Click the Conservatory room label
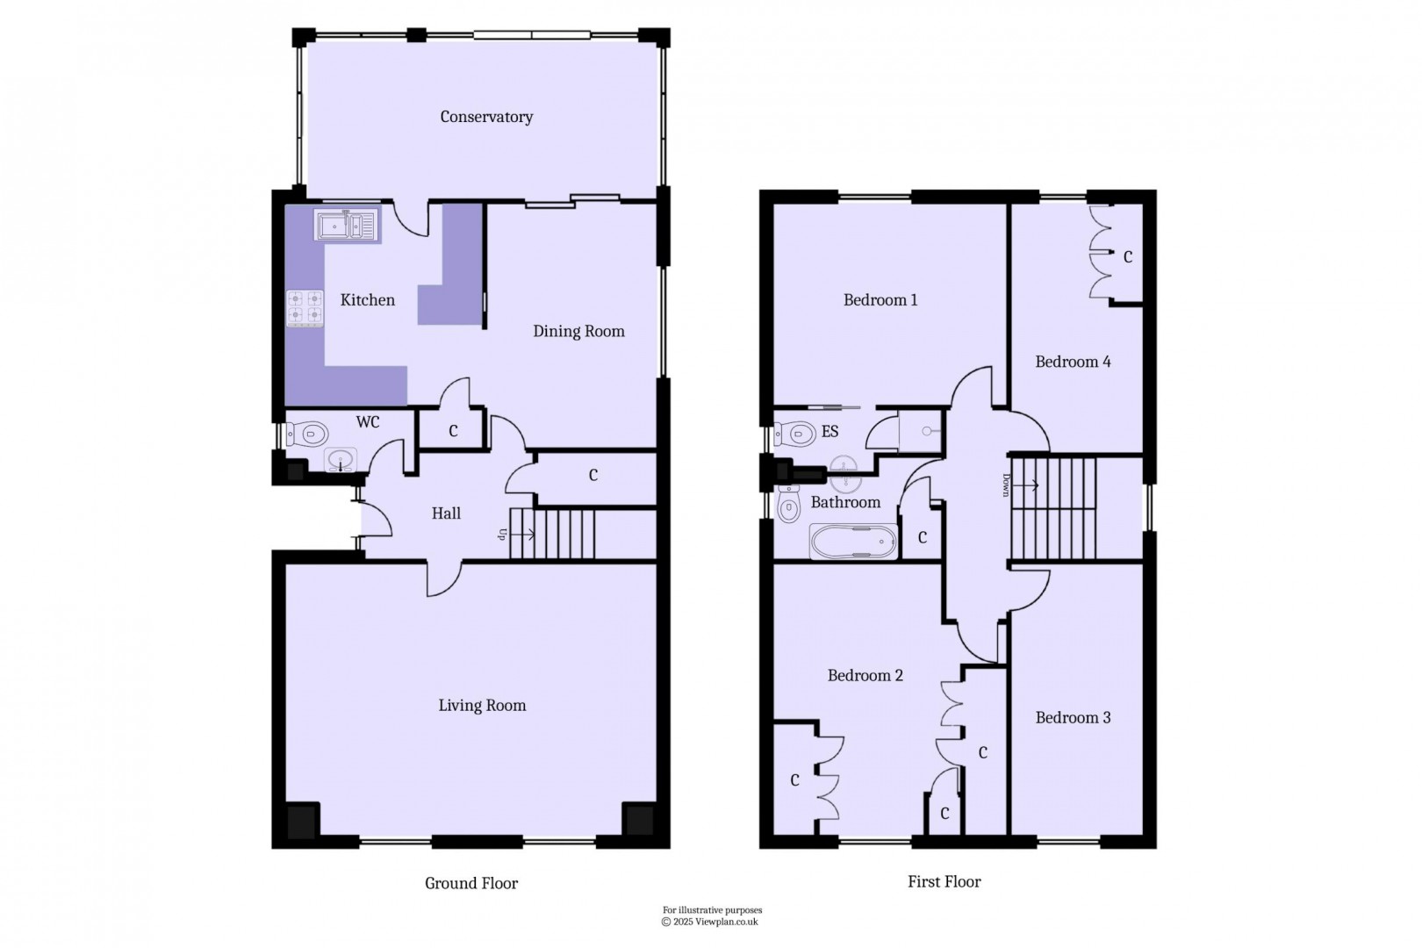coord(486,117)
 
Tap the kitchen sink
coord(346,225)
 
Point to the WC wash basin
coord(341,460)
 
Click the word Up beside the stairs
coord(503,533)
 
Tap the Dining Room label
coord(578,331)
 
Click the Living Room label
coord(482,705)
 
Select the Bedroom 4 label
coord(1073,362)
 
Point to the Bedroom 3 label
coord(1073,718)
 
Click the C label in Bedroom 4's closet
coord(1128,257)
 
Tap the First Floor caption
coord(944,881)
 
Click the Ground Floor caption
coord(471,883)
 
